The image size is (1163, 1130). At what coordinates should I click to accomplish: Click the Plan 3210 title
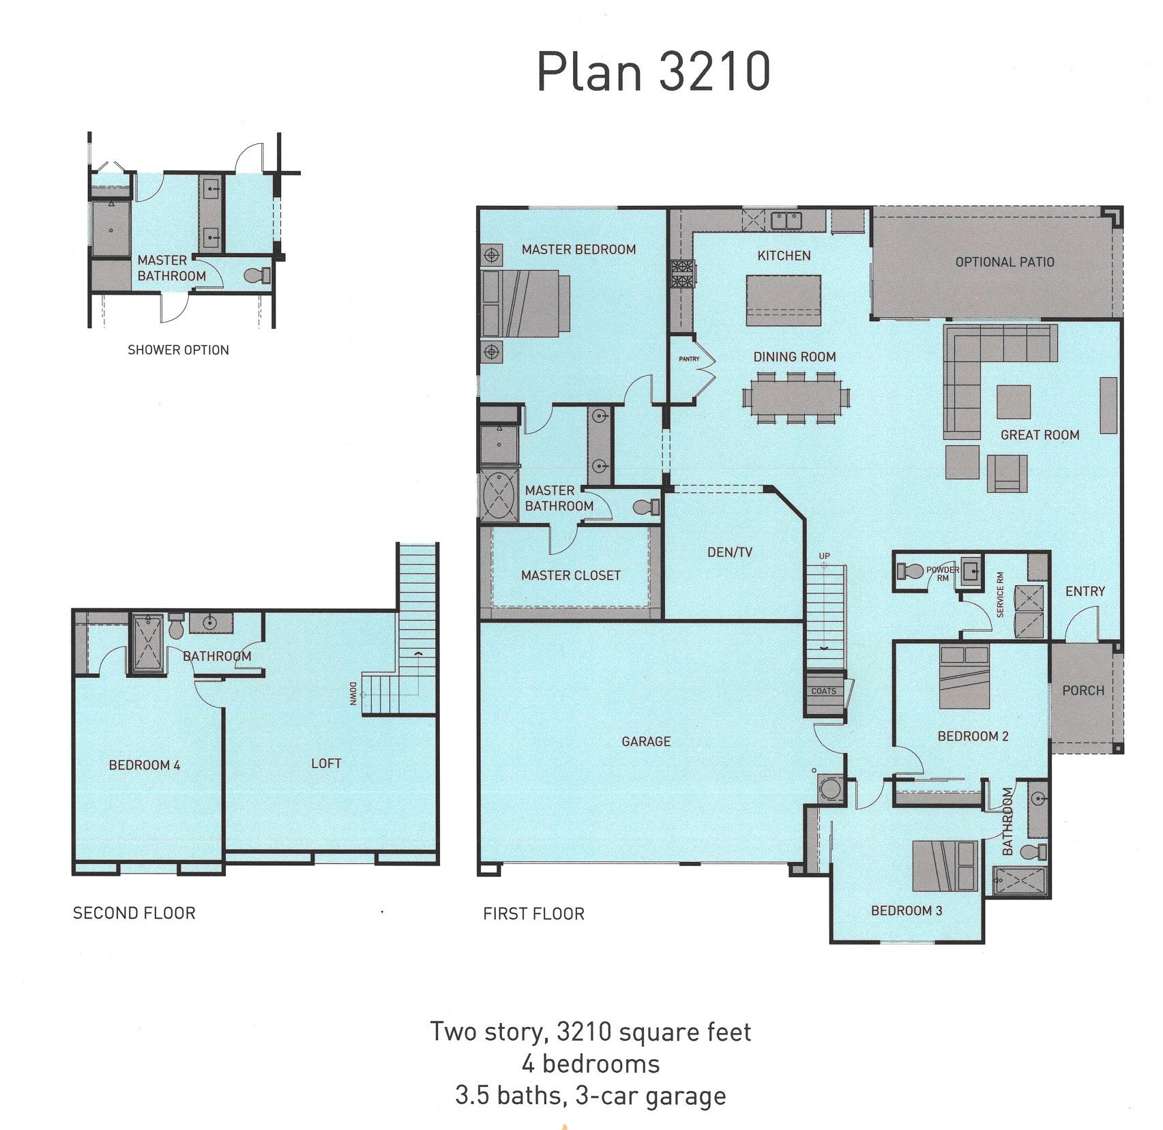[653, 72]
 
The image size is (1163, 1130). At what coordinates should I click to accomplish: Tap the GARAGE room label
[645, 741]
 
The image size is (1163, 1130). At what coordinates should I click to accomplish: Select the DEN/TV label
[729, 552]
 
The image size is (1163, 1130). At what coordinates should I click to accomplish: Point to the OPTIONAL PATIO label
[1004, 262]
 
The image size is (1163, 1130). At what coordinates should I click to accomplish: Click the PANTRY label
[689, 359]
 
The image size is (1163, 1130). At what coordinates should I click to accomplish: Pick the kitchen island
[783, 300]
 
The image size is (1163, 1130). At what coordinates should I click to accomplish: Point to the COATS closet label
[823, 691]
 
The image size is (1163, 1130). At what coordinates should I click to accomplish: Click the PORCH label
[1083, 690]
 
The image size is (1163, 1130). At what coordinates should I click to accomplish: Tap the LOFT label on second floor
[326, 764]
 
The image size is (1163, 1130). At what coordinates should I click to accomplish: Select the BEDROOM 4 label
[145, 765]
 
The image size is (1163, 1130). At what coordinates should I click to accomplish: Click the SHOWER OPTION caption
[178, 350]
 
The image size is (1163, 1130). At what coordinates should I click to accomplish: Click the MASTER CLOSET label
[570, 576]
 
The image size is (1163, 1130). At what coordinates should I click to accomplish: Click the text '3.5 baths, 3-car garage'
[590, 1096]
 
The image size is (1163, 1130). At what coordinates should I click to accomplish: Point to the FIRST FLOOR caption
[533, 914]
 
